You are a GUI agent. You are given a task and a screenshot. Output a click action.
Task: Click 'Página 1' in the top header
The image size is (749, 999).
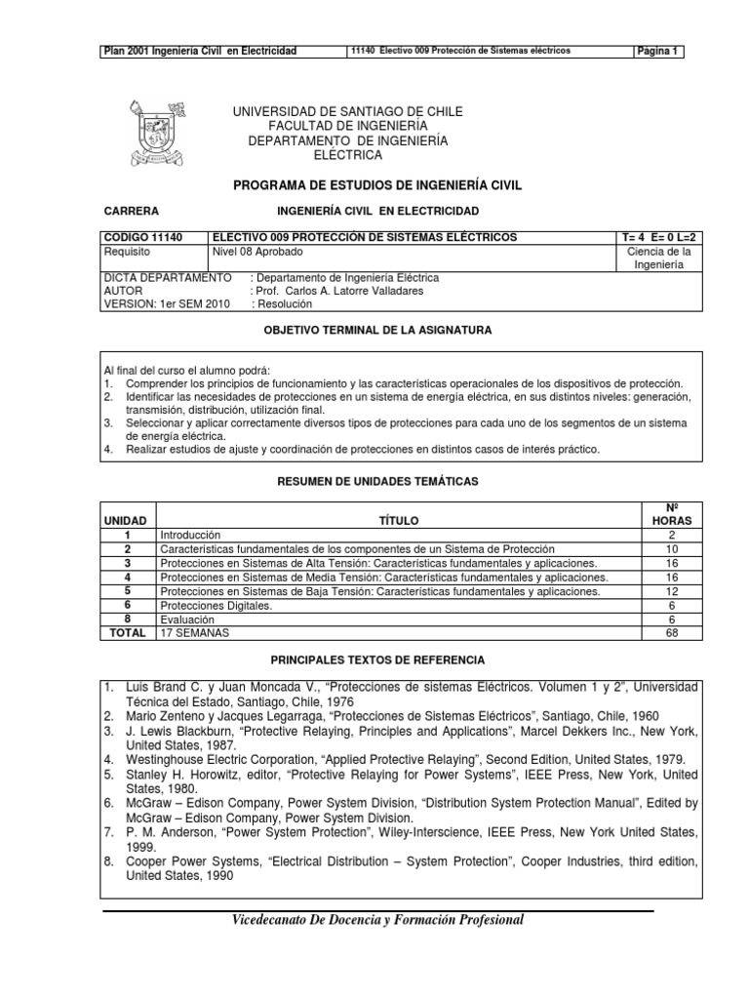(658, 51)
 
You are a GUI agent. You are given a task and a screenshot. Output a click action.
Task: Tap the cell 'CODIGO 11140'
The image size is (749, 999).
(138, 238)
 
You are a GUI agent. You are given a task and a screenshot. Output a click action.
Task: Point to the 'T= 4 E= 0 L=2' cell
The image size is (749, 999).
(659, 238)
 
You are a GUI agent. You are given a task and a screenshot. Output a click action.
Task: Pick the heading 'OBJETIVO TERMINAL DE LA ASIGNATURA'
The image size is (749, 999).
(378, 332)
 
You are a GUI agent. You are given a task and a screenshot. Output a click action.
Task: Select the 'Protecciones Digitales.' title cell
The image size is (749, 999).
(216, 605)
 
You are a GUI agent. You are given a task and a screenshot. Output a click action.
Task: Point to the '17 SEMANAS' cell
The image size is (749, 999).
(192, 632)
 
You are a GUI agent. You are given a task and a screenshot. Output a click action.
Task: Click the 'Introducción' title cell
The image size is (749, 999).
(191, 536)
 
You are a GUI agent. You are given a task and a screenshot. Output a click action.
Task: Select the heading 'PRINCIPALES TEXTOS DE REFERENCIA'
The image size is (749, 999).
(377, 659)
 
